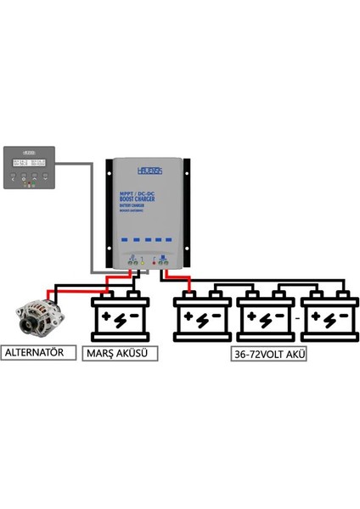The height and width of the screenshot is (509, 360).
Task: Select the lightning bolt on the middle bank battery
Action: point(265,322)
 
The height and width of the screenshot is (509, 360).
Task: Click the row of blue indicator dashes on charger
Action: point(146,238)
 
